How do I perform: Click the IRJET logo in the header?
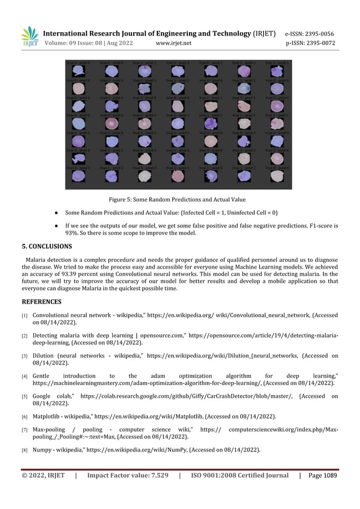(29, 37)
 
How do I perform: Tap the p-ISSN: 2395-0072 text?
(310, 43)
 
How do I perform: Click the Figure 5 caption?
(177, 199)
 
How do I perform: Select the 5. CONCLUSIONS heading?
(47, 246)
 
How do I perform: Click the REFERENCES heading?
(41, 301)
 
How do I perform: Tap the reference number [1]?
(25, 315)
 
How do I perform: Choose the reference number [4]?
(25, 376)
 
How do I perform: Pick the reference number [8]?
(25, 450)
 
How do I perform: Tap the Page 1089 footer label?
(322, 475)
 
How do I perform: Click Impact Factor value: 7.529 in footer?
(128, 475)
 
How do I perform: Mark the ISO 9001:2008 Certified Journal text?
(240, 475)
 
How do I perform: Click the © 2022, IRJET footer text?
(43, 475)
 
